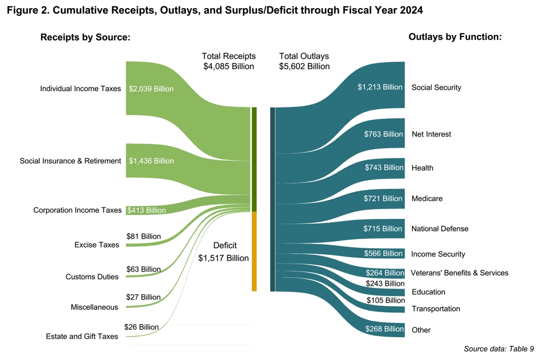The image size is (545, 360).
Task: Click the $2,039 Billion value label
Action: [x=151, y=89]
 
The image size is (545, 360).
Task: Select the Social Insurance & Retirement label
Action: [x=70, y=161]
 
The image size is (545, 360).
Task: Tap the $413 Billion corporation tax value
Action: [x=146, y=210]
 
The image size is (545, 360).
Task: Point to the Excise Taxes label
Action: [x=96, y=245]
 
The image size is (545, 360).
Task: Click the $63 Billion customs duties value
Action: [x=143, y=269]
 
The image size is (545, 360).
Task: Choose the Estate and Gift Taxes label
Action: [x=82, y=337]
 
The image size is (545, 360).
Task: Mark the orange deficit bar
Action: [x=254, y=251]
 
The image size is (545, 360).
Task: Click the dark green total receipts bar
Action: [x=254, y=159]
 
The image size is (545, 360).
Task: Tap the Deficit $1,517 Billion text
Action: [x=223, y=252]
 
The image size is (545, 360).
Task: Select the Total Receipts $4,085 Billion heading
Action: [x=228, y=61]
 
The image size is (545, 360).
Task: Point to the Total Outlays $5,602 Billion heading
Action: [x=304, y=61]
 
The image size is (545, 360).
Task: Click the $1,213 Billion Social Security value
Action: [x=380, y=87]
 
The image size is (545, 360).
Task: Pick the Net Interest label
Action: [x=431, y=134]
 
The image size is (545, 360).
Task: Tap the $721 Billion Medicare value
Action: [x=383, y=199]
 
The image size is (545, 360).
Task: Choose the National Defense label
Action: [x=440, y=229]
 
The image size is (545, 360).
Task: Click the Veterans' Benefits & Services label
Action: [x=459, y=273]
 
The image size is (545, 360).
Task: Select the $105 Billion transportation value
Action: [x=385, y=300]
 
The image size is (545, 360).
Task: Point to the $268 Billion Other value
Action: [x=384, y=329]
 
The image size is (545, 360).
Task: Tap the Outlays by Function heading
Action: [x=455, y=37]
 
